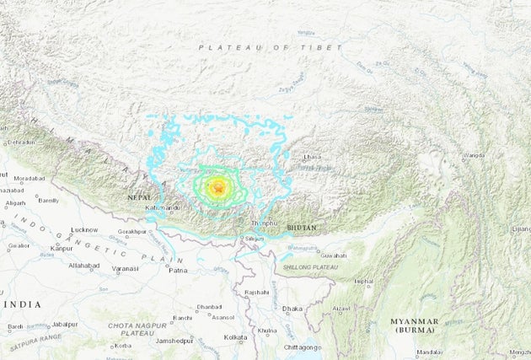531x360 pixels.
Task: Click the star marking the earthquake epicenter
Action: [x=218, y=189]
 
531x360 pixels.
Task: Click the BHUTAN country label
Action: [x=302, y=228]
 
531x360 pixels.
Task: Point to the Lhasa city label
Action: [x=313, y=158]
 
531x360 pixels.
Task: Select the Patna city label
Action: [x=178, y=270]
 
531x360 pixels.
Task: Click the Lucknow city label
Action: [x=84, y=229]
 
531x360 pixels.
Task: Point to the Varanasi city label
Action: [x=126, y=269]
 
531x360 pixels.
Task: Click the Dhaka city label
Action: [x=292, y=309]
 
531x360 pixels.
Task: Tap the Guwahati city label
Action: [x=333, y=254]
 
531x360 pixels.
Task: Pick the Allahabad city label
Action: [x=84, y=265]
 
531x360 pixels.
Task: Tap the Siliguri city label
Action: [x=253, y=239]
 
